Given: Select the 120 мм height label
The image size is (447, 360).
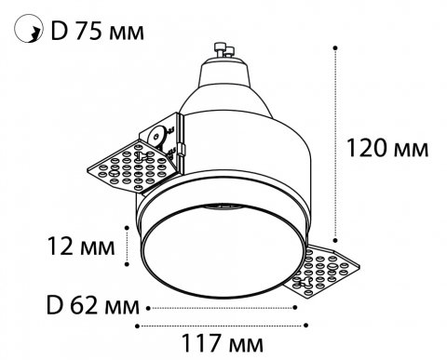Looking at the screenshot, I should pyautogui.click(x=386, y=147).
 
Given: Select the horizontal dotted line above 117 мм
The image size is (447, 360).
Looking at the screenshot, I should pyautogui.click(x=222, y=325).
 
